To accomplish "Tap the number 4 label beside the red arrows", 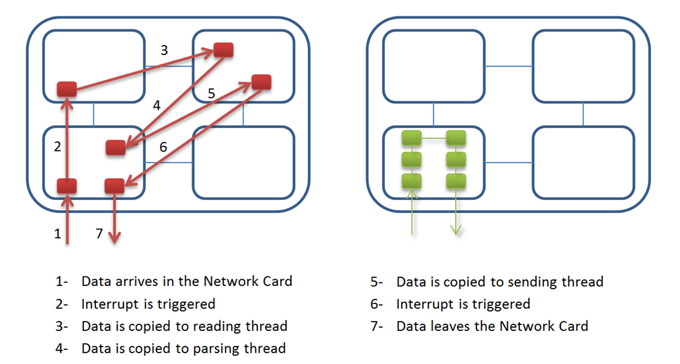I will [x=157, y=106].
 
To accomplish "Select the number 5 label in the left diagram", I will [x=211, y=94].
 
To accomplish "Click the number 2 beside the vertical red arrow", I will [x=57, y=147].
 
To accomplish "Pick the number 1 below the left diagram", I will [x=58, y=234].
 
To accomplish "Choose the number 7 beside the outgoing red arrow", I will [x=99, y=234].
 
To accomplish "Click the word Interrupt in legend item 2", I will [x=111, y=304].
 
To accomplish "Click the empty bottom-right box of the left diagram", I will [x=243, y=162].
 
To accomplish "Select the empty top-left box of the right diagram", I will [x=433, y=65].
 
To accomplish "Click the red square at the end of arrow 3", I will [x=223, y=50].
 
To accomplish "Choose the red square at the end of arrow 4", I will [x=116, y=147].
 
